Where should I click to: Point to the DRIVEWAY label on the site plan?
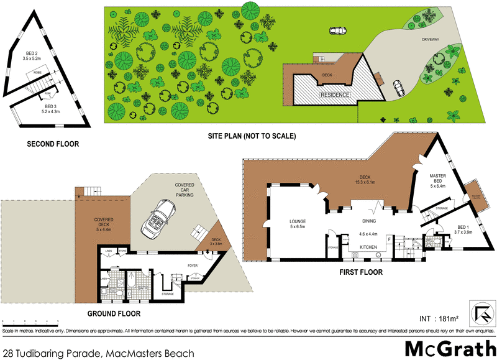click(x=431, y=39)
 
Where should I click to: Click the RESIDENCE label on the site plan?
click(x=335, y=95)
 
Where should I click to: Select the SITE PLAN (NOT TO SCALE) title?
click(x=252, y=136)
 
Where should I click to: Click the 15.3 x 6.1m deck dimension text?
click(x=363, y=182)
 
